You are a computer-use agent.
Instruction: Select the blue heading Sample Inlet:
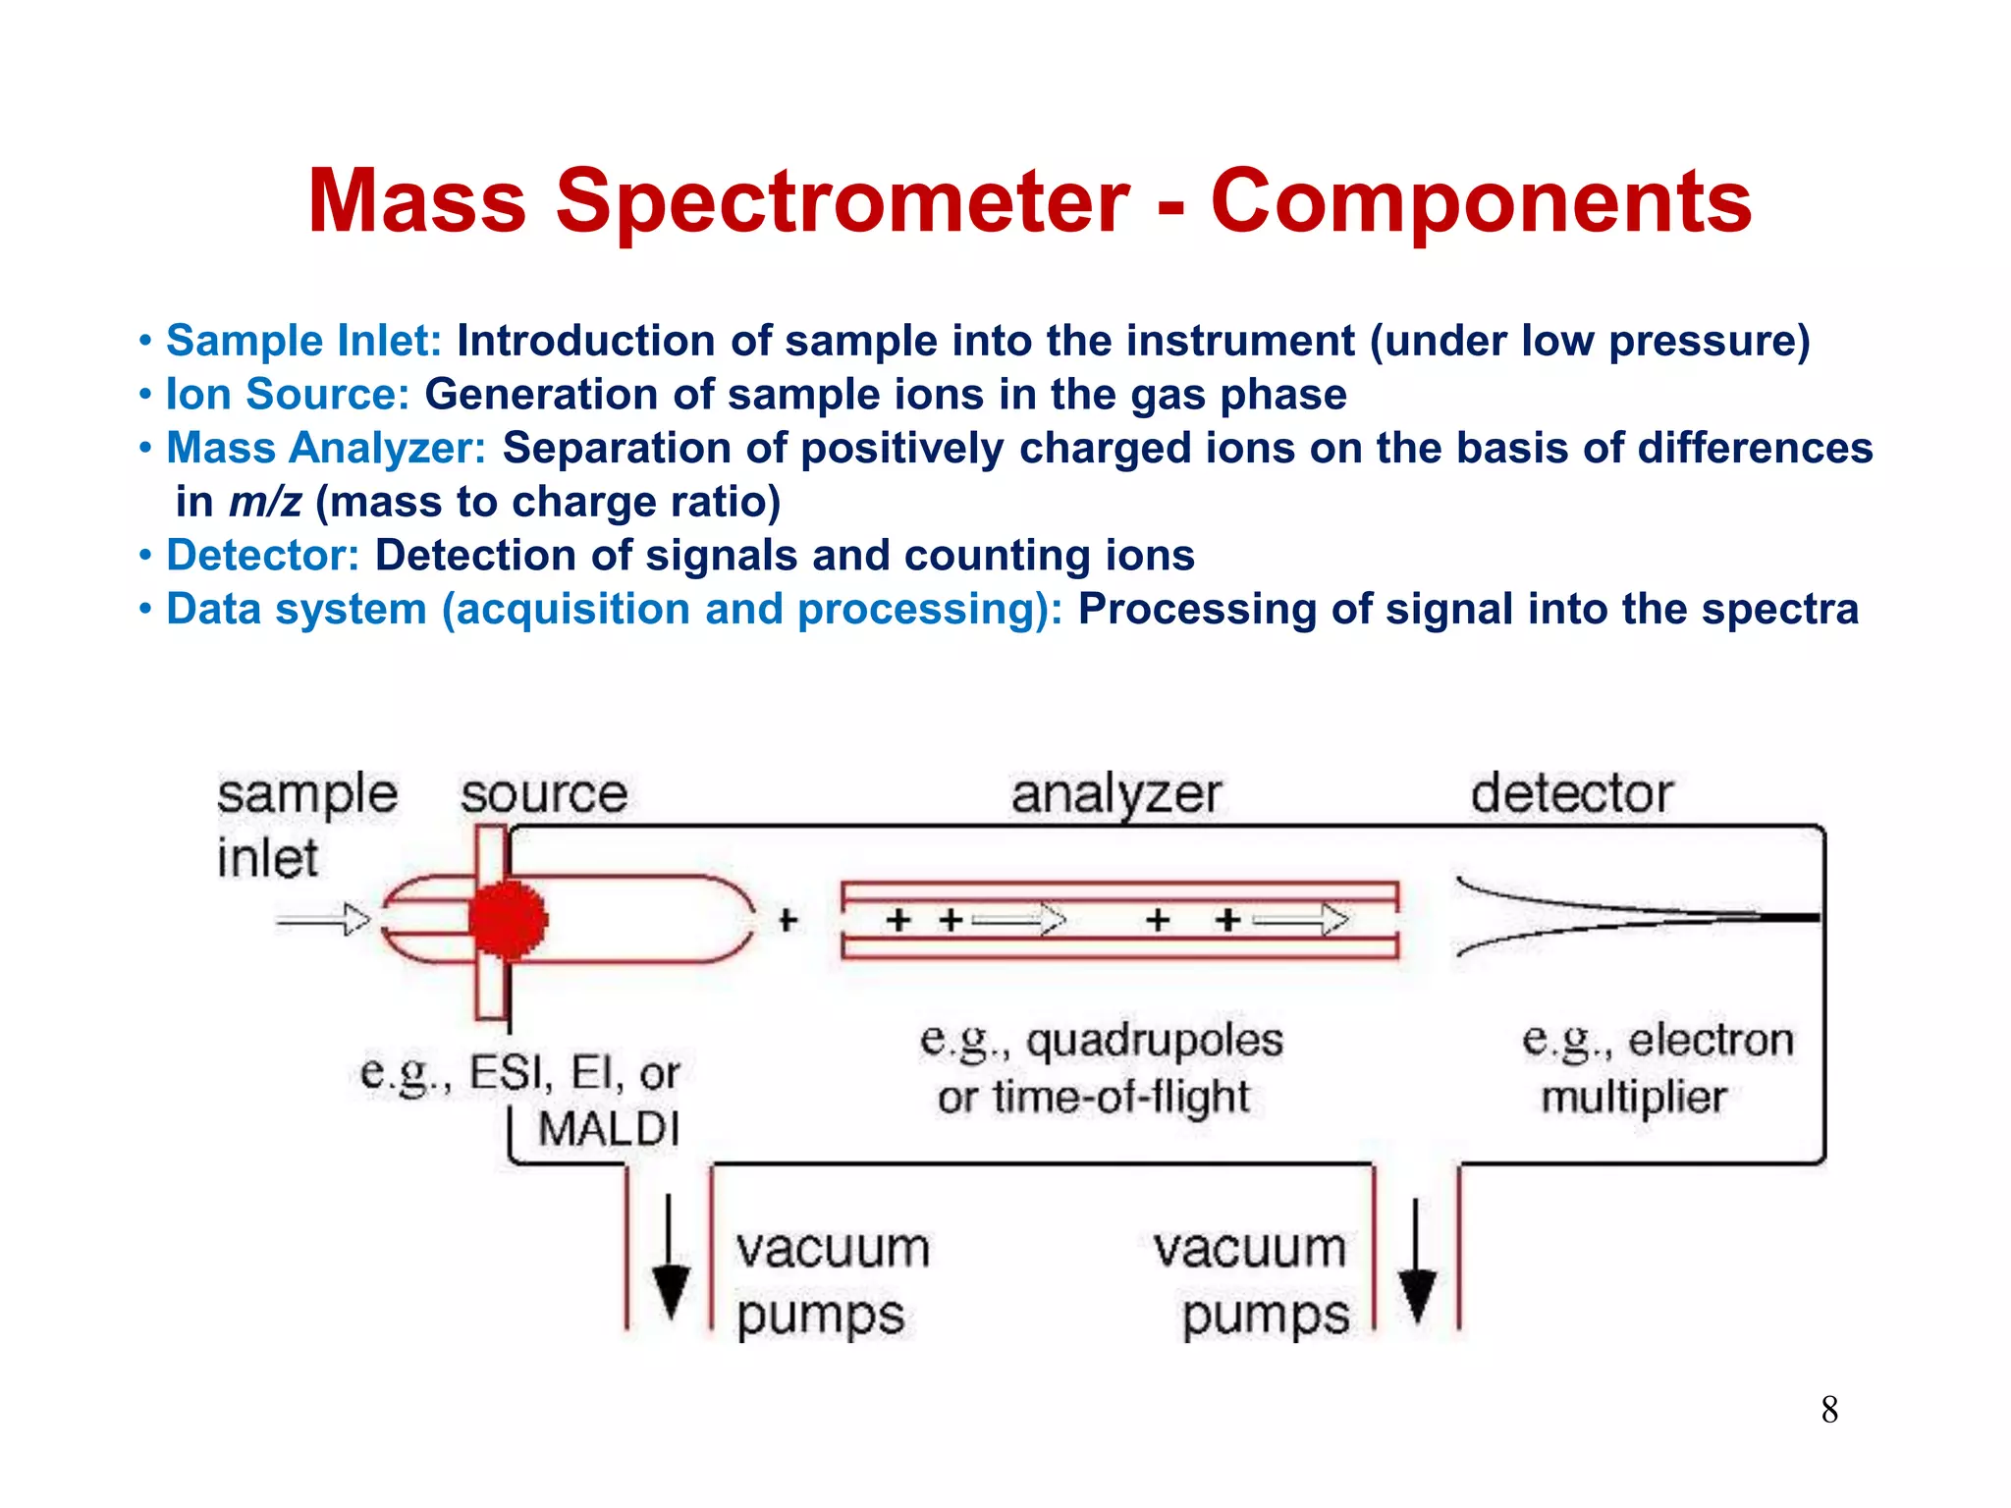(304, 341)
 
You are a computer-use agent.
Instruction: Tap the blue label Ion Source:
(288, 395)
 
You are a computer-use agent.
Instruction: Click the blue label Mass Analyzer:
(326, 448)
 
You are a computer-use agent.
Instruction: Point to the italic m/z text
(265, 502)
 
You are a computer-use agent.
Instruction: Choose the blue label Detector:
(263, 556)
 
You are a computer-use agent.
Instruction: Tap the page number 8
(1829, 1410)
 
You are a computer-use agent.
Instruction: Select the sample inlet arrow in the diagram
(324, 921)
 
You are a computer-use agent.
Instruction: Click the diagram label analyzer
(1116, 793)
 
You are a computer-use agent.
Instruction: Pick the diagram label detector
(1571, 793)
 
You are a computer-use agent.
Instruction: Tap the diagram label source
(544, 793)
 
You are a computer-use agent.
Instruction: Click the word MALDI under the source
(609, 1129)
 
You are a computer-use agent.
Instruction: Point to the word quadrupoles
(1155, 1041)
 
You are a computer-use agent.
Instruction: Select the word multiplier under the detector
(1633, 1098)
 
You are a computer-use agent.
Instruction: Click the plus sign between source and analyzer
(788, 921)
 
